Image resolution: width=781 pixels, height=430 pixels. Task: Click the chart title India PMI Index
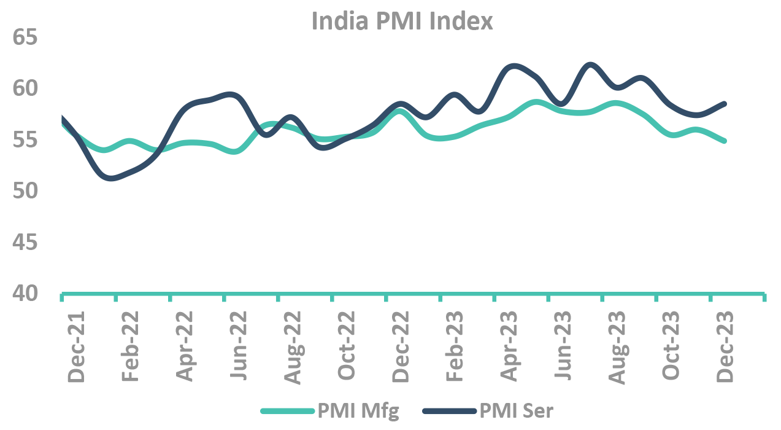click(402, 21)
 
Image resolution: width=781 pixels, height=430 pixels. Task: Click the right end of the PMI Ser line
click(725, 104)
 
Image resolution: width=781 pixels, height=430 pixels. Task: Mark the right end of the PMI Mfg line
click(725, 141)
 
